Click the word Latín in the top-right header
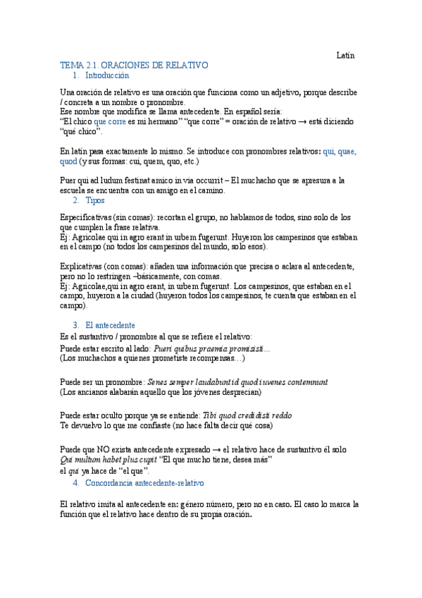345,54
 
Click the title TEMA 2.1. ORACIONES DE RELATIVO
134,65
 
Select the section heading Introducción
107,75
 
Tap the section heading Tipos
94,200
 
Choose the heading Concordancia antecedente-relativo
144,483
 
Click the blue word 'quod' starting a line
68,161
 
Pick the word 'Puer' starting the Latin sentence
68,181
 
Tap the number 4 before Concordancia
75,483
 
